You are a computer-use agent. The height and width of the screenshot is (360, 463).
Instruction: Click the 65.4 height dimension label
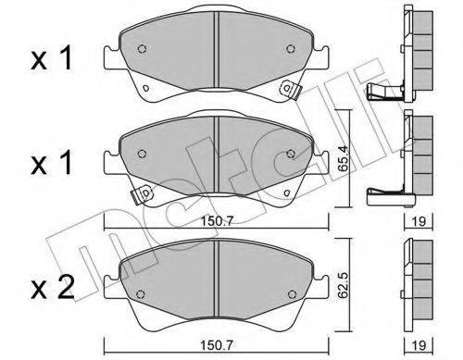(x=343, y=158)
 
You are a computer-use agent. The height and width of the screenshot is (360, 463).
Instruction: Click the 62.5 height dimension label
(x=343, y=285)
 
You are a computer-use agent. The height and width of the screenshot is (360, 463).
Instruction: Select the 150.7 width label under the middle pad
(x=217, y=221)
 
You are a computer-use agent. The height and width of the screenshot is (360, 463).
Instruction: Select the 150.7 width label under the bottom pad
(x=217, y=345)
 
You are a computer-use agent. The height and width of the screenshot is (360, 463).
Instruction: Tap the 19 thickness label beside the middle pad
(x=419, y=221)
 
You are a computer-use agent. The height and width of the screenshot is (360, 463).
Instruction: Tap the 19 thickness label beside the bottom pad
(x=419, y=345)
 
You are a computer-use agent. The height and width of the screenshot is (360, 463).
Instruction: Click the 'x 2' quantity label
(x=53, y=288)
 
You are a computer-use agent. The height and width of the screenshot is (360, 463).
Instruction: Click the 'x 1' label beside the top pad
(x=52, y=57)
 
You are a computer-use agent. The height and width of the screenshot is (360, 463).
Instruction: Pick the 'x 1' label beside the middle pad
(x=52, y=163)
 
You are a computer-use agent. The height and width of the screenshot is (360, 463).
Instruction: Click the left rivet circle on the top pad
(x=142, y=49)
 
